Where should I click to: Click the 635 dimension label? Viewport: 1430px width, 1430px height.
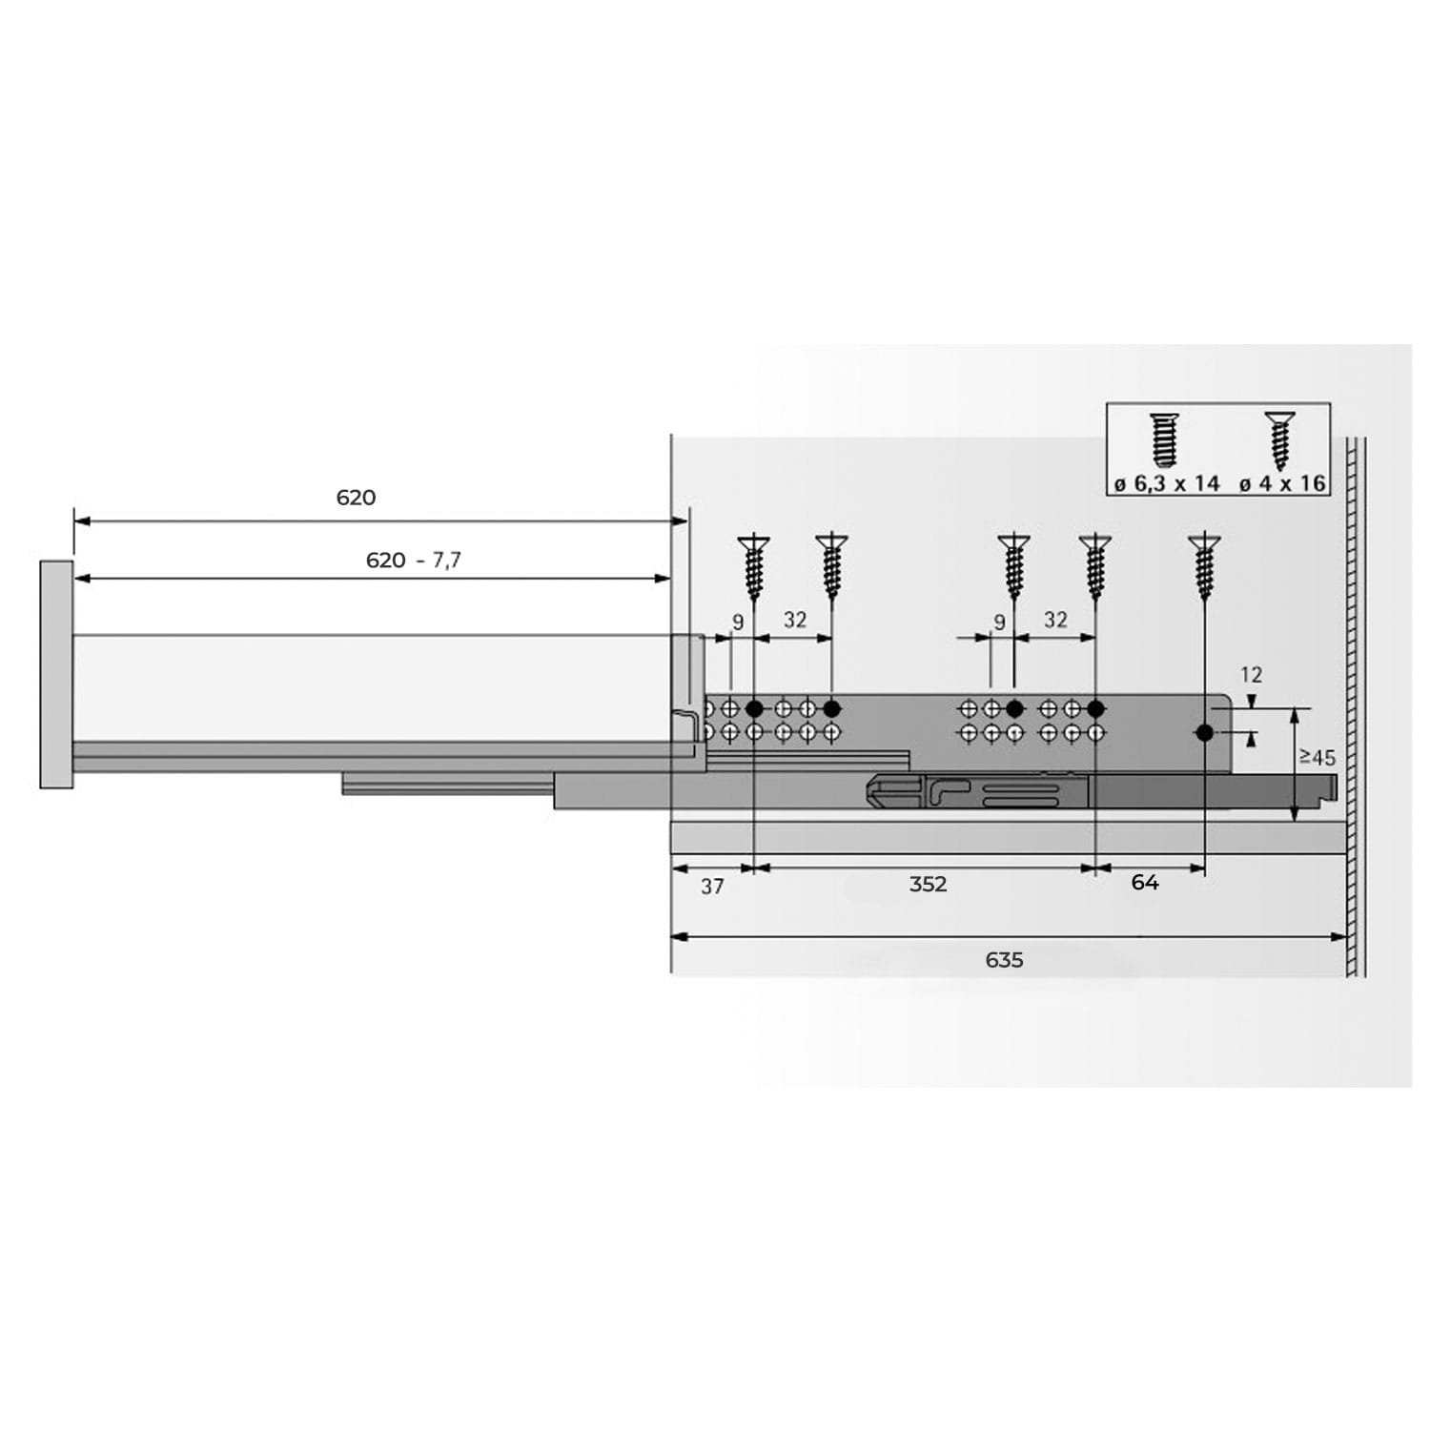click(1004, 960)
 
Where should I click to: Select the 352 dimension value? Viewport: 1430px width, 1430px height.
click(928, 885)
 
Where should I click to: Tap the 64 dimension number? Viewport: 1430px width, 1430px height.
click(1145, 883)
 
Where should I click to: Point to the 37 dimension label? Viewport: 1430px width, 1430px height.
click(712, 887)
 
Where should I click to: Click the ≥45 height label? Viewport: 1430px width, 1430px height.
click(1318, 758)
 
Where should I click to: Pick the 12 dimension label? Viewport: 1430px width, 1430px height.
click(1251, 675)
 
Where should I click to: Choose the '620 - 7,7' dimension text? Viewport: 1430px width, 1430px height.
click(414, 561)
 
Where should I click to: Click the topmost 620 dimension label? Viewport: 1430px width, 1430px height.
click(356, 498)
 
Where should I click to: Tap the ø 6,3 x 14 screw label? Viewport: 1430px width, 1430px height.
click(1167, 484)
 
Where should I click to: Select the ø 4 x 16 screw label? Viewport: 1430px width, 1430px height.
click(1282, 484)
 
